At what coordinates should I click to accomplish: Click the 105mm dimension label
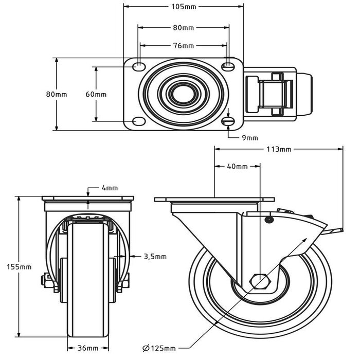coord(183,6)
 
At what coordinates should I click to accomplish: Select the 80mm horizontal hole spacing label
coord(183,27)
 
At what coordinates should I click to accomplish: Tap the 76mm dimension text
coord(183,46)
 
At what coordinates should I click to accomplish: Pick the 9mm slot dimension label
coord(249,138)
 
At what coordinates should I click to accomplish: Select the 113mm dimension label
coord(278,150)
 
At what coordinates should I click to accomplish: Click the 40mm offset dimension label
coord(237,167)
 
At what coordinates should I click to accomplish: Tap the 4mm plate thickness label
coord(110,188)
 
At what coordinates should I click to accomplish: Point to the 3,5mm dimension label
coord(155,256)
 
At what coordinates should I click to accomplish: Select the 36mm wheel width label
coord(88,348)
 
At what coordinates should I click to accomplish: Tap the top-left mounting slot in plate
coord(138,67)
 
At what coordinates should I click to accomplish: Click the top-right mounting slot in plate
coord(228,66)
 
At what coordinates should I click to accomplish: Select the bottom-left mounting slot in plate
coord(138,121)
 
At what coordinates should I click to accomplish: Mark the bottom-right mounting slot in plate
coord(228,121)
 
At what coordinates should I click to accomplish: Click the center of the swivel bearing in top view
coord(183,94)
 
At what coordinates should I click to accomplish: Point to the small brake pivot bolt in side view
coord(268,220)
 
